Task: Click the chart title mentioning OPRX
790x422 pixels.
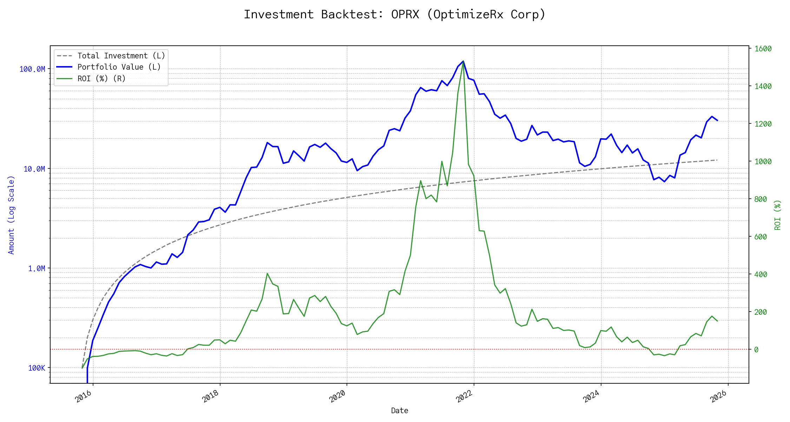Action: click(x=395, y=14)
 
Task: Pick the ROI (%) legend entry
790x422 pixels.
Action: click(x=101, y=79)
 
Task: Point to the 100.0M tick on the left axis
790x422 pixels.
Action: click(x=32, y=69)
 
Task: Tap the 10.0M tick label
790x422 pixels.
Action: click(x=34, y=169)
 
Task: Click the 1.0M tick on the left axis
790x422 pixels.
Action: click(x=37, y=269)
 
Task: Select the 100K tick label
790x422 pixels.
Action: click(x=37, y=368)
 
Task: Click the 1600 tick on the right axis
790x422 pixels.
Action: click(x=763, y=49)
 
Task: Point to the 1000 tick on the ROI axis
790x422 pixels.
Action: click(x=763, y=162)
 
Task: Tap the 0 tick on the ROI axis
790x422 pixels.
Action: click(x=756, y=350)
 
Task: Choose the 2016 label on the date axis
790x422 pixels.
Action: click(x=84, y=396)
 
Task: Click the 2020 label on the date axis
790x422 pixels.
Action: click(x=337, y=396)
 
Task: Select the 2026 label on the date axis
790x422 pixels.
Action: click(x=719, y=396)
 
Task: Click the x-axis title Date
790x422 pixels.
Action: click(x=400, y=411)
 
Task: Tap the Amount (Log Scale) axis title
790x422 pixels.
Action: click(x=11, y=215)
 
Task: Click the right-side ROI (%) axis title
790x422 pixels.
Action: click(x=778, y=215)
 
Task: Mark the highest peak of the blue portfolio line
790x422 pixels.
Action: click(x=463, y=61)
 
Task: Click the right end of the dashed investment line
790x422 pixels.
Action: click(x=717, y=160)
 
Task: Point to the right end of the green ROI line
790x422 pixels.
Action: click(x=717, y=321)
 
